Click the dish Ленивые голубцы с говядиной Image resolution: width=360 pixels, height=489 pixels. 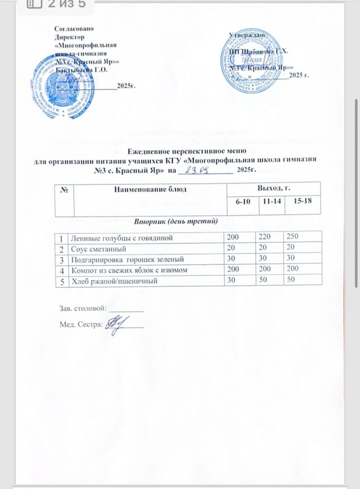point(120,238)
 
